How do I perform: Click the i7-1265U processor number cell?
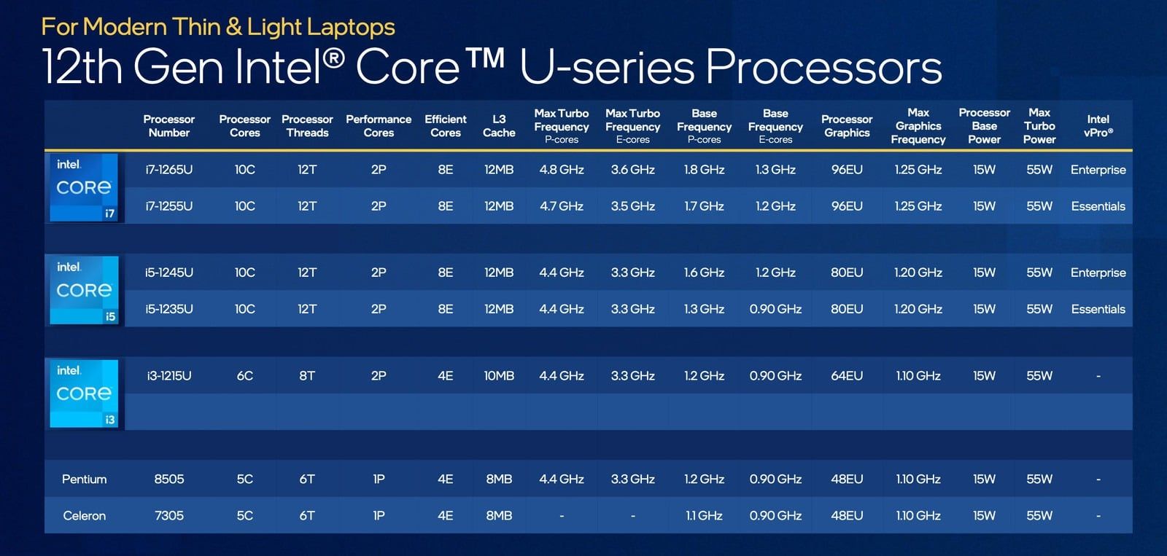168,170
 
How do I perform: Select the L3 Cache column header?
499,126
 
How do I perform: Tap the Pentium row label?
84,479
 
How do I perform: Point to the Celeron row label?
84,515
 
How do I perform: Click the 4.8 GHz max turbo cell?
561,170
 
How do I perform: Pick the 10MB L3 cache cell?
499,376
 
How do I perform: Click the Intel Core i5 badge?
84,289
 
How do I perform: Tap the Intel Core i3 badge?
84,393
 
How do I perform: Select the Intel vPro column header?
1098,126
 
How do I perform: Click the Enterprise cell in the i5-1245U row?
1098,273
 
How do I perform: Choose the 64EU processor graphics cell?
847,376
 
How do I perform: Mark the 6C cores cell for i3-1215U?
244,376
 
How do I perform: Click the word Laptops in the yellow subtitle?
348,27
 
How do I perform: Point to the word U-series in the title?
607,67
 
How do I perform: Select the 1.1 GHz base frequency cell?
704,515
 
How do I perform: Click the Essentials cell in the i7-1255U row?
1098,206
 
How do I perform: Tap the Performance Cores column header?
379,126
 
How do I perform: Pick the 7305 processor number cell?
168,515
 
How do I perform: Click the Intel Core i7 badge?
84,187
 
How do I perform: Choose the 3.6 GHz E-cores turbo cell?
632,170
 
